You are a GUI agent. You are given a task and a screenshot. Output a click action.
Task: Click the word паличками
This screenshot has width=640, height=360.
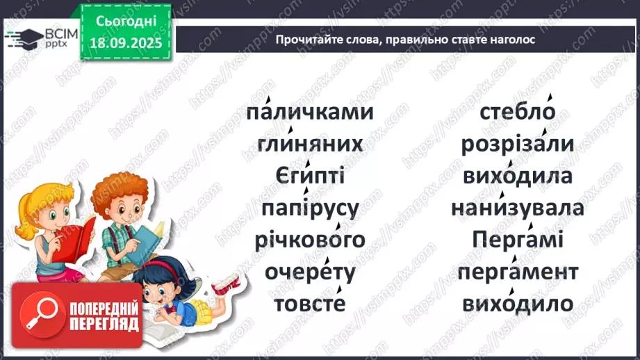(309, 113)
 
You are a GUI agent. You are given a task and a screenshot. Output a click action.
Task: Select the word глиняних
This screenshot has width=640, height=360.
(310, 145)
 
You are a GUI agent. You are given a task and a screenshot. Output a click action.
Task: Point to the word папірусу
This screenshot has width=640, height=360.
(310, 208)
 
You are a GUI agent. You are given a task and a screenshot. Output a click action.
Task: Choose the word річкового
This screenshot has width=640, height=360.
(310, 240)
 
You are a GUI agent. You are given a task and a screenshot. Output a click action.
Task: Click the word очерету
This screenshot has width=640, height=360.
(310, 272)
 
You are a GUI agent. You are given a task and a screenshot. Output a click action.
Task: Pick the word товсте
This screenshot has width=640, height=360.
(310, 304)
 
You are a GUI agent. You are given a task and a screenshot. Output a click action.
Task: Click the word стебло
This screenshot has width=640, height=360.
(517, 113)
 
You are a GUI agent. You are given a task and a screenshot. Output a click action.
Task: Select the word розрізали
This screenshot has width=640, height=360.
(517, 145)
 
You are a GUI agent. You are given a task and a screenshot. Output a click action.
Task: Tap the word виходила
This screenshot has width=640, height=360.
(517, 177)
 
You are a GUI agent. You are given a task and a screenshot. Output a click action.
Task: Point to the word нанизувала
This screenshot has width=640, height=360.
(517, 208)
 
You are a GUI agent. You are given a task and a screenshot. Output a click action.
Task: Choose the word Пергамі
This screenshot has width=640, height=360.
(517, 240)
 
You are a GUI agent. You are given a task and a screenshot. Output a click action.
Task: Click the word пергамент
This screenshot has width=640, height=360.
(517, 272)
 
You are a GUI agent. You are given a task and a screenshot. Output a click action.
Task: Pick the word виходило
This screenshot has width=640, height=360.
(517, 304)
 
